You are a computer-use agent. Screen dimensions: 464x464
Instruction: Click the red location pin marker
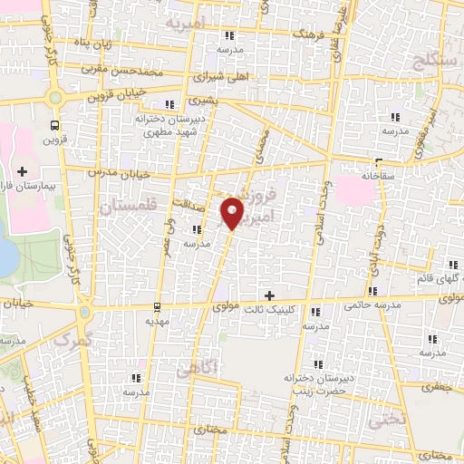click(234, 212)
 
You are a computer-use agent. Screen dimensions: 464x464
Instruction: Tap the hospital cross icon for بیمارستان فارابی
click(22, 170)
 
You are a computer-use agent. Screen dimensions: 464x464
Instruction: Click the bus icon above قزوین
click(56, 125)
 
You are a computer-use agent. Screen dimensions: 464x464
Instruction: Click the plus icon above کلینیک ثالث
click(269, 295)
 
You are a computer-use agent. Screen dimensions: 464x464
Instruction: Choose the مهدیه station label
click(158, 321)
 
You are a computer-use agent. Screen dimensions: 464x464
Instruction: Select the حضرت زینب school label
click(314, 390)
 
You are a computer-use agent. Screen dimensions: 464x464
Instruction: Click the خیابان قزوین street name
click(123, 92)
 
